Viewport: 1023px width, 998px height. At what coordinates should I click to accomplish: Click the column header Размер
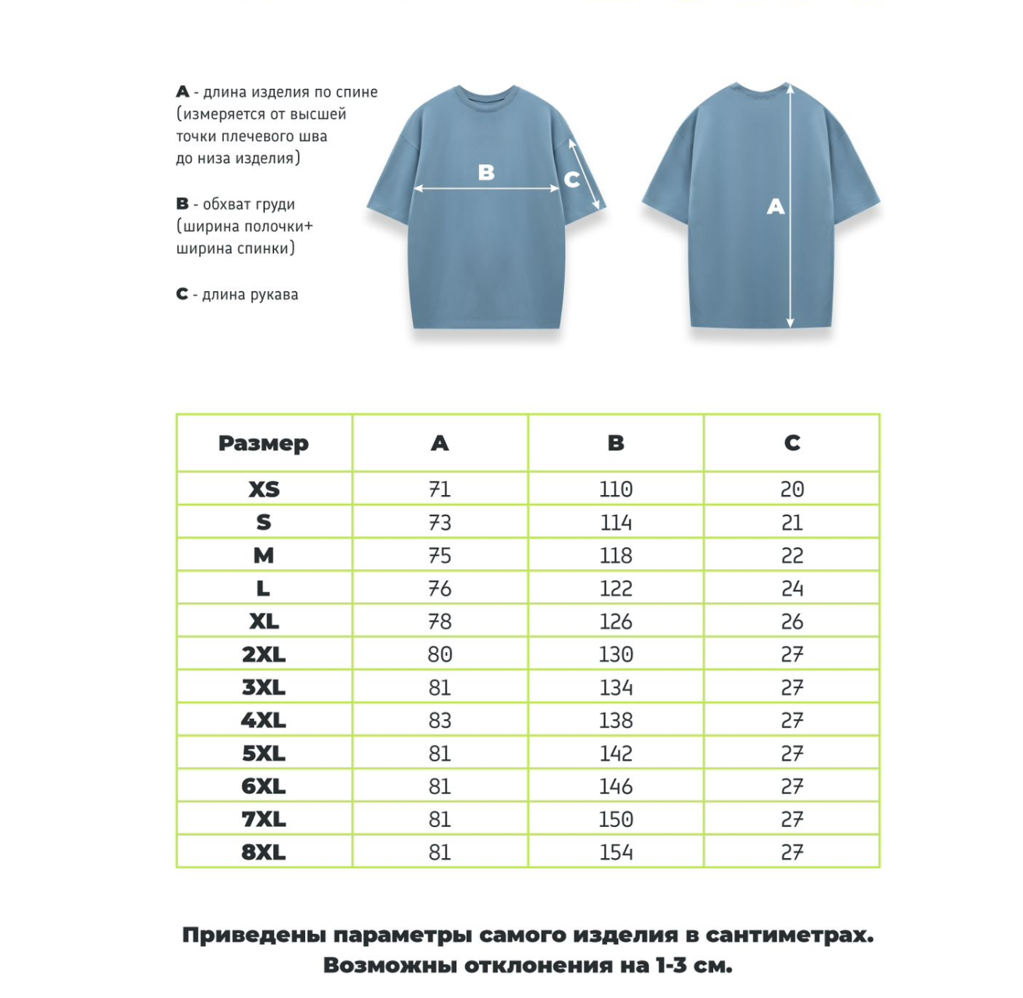[264, 444]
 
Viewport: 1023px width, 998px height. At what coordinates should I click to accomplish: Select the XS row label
[264, 490]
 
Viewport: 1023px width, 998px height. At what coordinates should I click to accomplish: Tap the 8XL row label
[264, 852]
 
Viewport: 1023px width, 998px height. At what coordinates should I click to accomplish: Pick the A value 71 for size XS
[439, 490]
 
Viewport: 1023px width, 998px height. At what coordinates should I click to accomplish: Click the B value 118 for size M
[616, 556]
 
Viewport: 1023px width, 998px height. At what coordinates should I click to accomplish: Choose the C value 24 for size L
[792, 589]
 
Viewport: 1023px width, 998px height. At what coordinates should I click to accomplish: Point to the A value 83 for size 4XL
[439, 721]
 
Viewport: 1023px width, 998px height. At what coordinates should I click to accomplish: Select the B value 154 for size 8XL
[616, 852]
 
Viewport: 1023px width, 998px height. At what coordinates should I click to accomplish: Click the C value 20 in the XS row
[792, 490]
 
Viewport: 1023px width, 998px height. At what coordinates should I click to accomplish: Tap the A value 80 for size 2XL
[439, 654]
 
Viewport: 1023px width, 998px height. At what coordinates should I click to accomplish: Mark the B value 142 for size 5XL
[616, 754]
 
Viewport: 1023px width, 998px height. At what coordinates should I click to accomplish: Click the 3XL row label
[264, 688]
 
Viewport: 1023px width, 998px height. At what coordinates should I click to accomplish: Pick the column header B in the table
[616, 444]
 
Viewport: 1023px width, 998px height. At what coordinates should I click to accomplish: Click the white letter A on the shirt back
[775, 206]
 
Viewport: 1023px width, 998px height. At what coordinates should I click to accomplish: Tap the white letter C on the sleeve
[572, 180]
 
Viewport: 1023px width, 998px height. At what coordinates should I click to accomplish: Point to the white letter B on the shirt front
[486, 172]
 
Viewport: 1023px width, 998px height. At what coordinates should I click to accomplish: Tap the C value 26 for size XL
[792, 622]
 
